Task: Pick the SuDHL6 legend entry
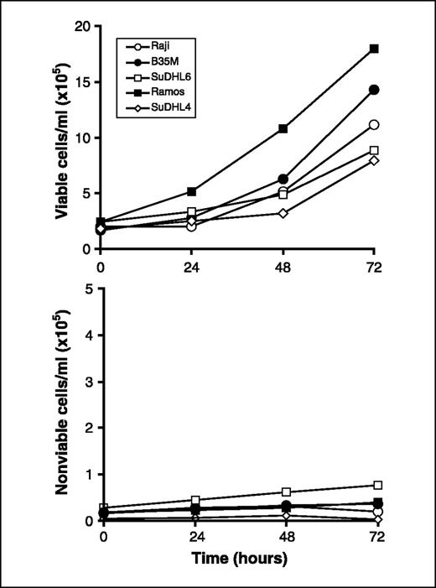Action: pyautogui.click(x=159, y=81)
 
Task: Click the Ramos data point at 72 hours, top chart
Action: pyautogui.click(x=374, y=49)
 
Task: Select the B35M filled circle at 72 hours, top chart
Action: pyautogui.click(x=374, y=90)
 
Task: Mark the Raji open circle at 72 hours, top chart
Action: pyautogui.click(x=374, y=125)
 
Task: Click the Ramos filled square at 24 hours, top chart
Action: pyautogui.click(x=192, y=191)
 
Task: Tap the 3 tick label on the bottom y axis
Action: pyautogui.click(x=88, y=382)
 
